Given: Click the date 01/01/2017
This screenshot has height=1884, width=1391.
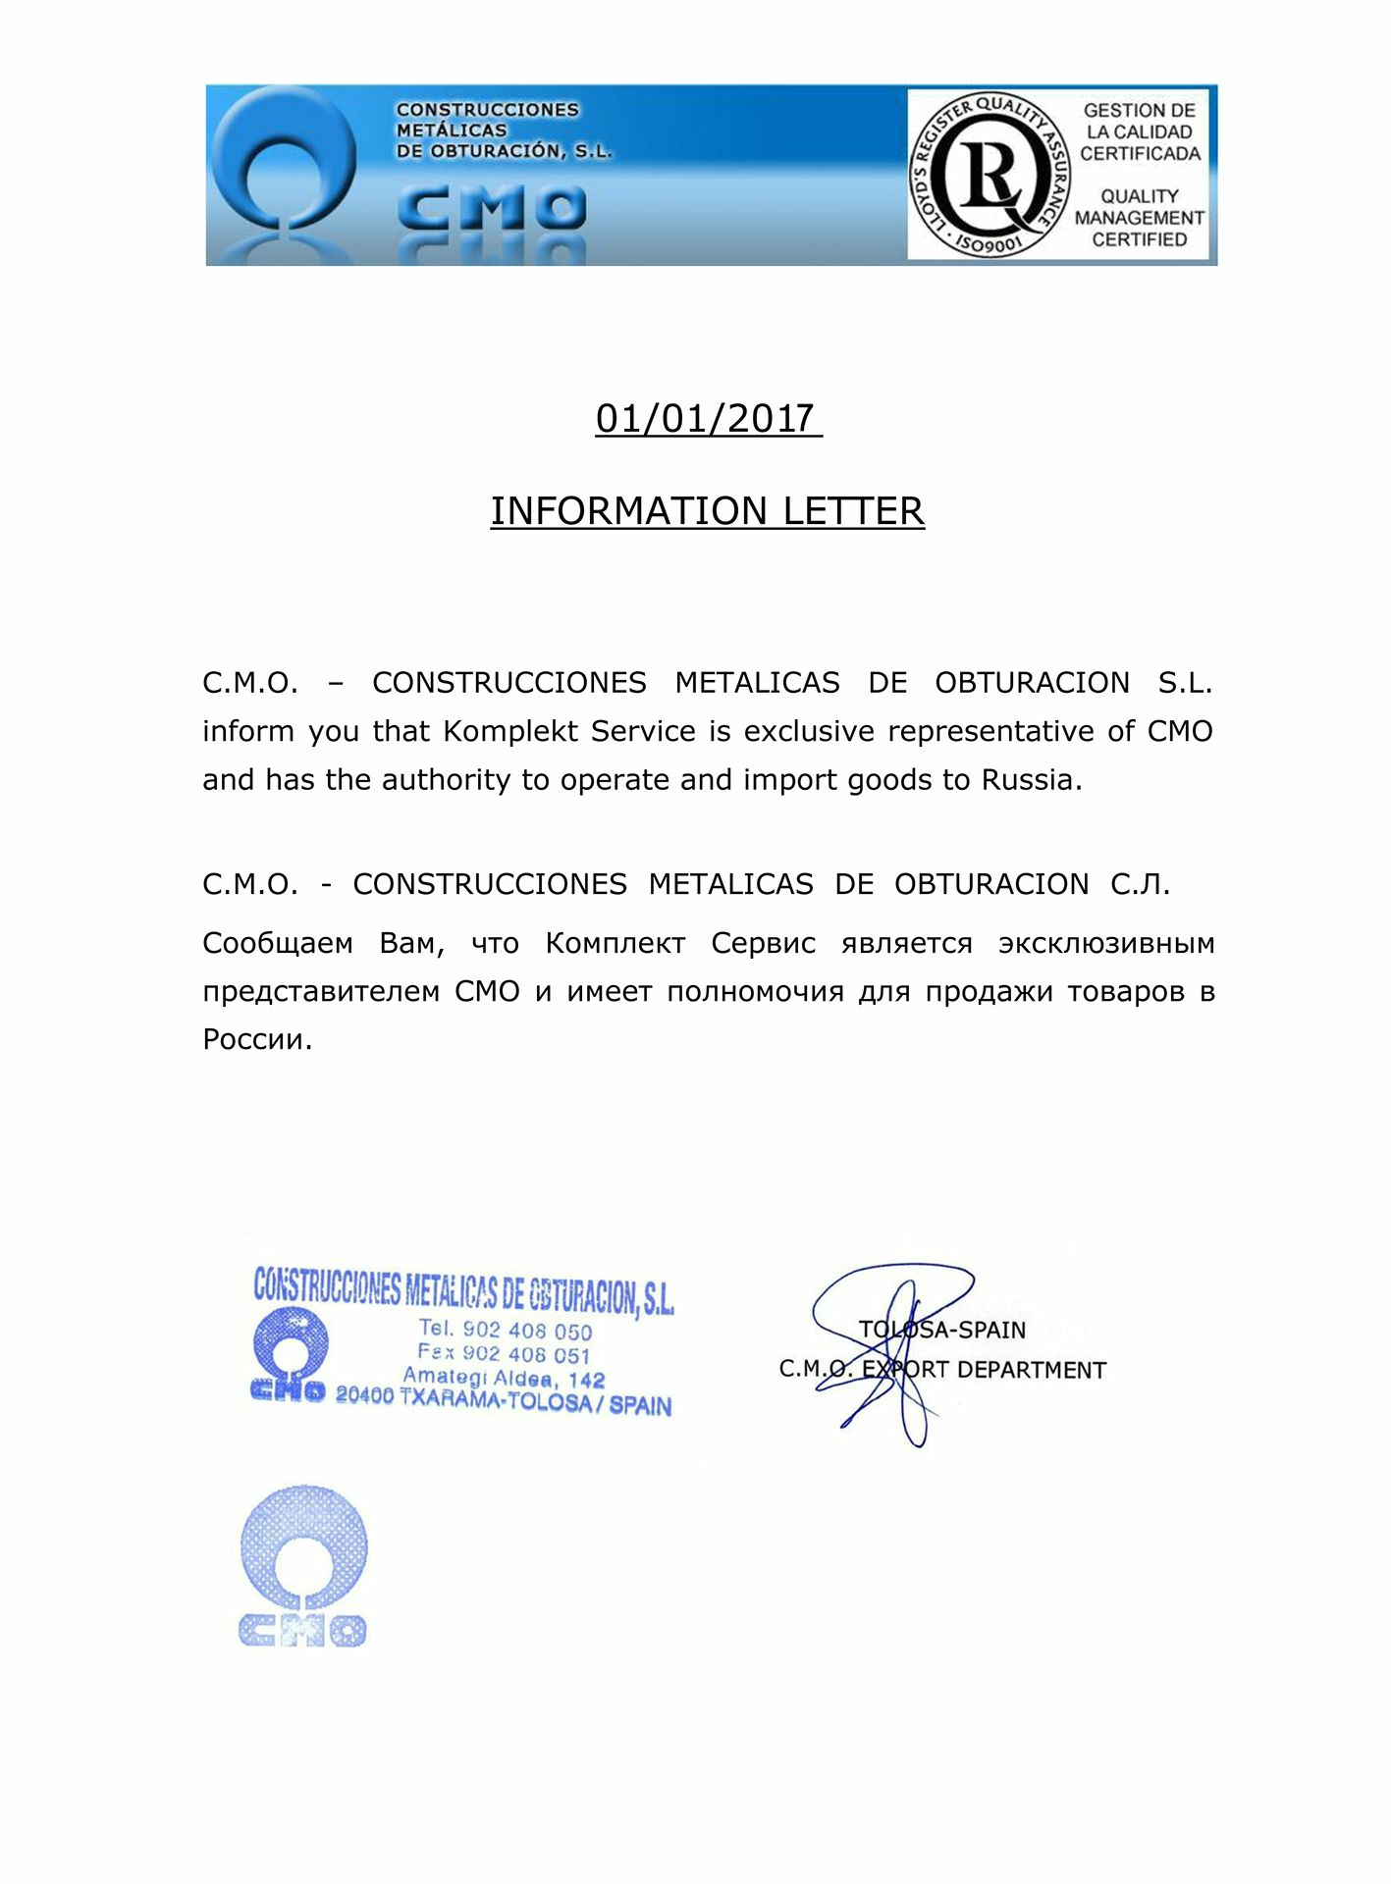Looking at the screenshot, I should (x=707, y=419).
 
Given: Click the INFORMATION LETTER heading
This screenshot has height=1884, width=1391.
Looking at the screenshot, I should (x=707, y=511).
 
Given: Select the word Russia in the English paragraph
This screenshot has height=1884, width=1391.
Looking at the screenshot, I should (x=1028, y=780).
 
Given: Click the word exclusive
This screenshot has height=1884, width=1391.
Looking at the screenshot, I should (x=809, y=732).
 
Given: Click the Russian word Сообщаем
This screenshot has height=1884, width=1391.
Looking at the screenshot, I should (x=278, y=944).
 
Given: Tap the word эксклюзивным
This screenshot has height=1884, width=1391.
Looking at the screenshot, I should (x=1106, y=944).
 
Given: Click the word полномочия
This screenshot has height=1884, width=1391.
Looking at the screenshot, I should (x=754, y=992).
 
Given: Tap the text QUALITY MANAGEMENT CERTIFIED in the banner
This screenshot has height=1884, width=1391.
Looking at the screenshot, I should (x=1139, y=218).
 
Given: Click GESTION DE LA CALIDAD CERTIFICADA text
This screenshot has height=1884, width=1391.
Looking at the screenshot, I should (x=1140, y=131).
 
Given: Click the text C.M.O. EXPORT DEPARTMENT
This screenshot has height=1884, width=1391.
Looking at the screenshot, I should (x=942, y=1370).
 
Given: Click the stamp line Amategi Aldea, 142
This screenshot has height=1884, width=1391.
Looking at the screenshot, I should (x=504, y=1379).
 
